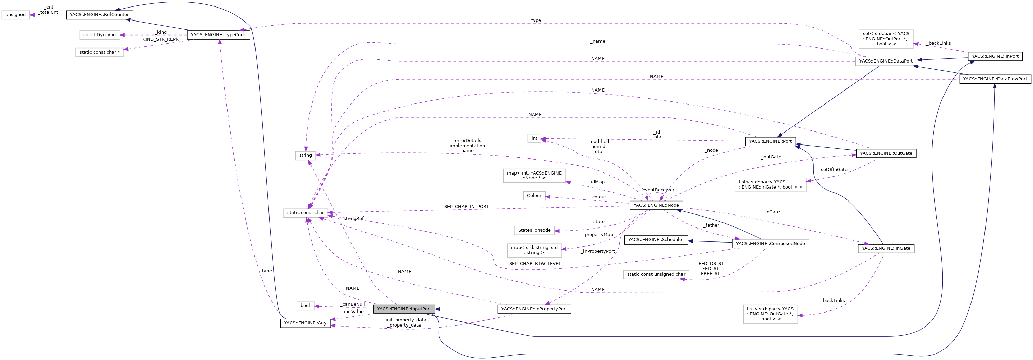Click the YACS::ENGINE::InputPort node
click(x=404, y=309)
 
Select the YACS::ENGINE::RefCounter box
click(x=99, y=15)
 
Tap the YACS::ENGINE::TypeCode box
click(x=219, y=35)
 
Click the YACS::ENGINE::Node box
click(x=656, y=205)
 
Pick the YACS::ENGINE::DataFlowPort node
click(x=995, y=79)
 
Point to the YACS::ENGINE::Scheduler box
click(x=656, y=240)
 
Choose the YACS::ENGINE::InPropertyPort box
click(x=534, y=309)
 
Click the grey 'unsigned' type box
click(x=16, y=15)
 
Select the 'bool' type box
click(x=305, y=305)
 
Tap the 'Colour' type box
click(x=534, y=196)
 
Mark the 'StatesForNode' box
click(x=534, y=230)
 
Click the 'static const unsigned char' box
click(x=656, y=274)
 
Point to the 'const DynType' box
click(x=99, y=35)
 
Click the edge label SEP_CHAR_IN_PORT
click(x=466, y=206)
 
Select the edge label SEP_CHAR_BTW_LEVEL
click(x=535, y=263)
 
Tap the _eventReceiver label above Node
click(x=658, y=190)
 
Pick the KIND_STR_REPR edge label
click(x=161, y=39)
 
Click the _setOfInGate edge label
click(x=833, y=169)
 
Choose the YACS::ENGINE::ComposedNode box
click(x=770, y=243)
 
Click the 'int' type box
click(x=534, y=138)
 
